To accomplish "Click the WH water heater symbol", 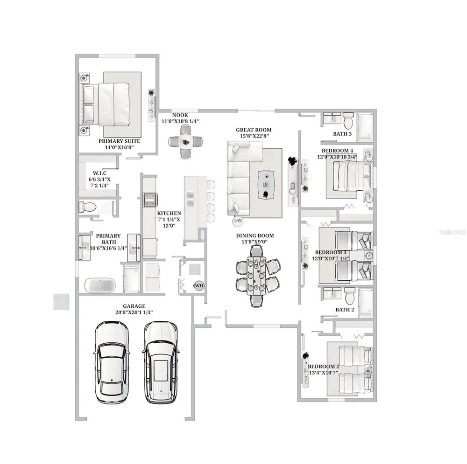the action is pos(199,286).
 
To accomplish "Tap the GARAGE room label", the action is pos(134,306).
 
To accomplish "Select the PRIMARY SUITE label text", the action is pos(119,141).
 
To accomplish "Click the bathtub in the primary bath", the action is pos(100,285).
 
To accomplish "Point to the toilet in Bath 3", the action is pos(347,120).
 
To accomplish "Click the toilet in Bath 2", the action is pos(349,295).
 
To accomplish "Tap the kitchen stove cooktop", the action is pos(150,200).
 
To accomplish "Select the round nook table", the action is pos(185,142).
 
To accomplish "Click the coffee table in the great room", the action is pos(266,184).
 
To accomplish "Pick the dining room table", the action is pos(256,276).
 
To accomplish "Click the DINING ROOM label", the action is pos(255,235).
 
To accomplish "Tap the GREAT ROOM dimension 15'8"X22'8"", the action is pos(255,136).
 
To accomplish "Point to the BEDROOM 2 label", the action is pos(324,367).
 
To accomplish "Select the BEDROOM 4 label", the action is pos(337,151).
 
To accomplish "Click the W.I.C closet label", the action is pos(99,173).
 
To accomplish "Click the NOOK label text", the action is pos(180,115).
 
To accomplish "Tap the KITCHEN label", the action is pos(169,213).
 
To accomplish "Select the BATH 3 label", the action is pos(342,134).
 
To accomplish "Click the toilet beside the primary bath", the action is pos(88,207).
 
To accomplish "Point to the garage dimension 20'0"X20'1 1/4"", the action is pos(134,312).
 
